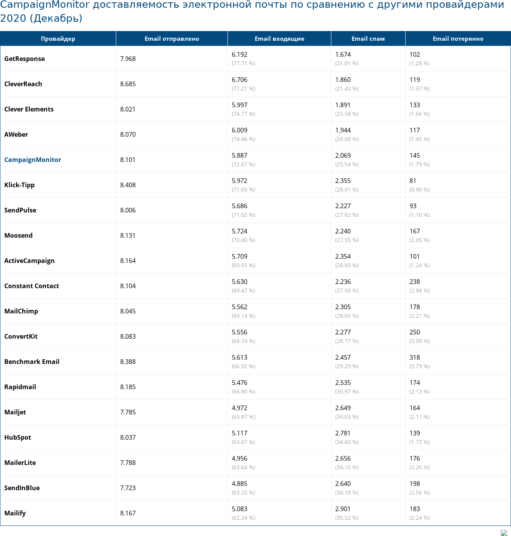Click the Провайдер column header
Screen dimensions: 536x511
[58, 39]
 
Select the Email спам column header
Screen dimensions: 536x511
[368, 39]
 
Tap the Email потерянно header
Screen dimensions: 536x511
[458, 39]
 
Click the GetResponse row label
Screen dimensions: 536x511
[24, 59]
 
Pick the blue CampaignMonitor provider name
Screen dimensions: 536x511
[33, 160]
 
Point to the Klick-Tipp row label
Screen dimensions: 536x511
[19, 185]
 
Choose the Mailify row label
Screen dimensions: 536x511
[15, 513]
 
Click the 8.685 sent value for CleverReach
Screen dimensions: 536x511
[128, 84]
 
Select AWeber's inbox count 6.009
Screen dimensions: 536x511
[240, 130]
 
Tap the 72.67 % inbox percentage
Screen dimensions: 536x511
[243, 164]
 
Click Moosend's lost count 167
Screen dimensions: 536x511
[415, 231]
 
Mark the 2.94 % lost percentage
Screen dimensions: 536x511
[420, 291]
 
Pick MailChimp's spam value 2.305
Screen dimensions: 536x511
[343, 307]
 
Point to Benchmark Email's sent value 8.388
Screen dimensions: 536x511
[128, 362]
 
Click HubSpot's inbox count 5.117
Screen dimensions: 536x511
[240, 433]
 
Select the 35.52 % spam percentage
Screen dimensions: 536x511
[347, 518]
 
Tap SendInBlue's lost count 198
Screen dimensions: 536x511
[415, 484]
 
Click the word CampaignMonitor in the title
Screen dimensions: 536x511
[45, 5]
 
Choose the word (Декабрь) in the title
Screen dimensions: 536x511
[56, 18]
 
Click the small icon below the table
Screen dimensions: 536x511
[504, 533]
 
